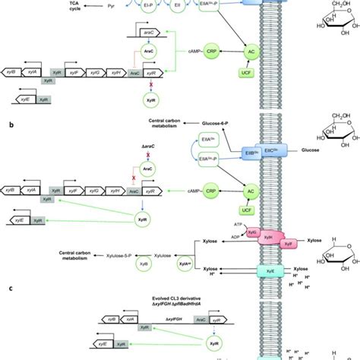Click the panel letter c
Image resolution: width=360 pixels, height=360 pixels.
8,286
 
